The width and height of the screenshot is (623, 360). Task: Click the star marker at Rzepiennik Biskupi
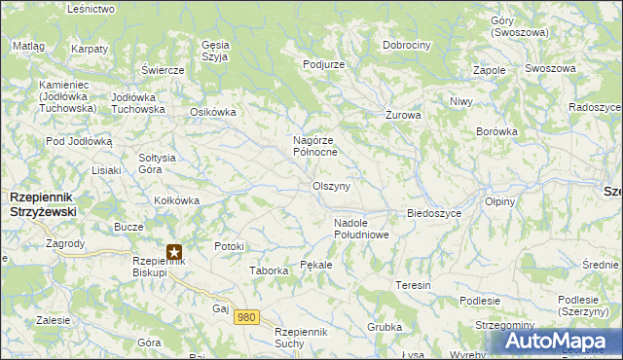pyautogui.click(x=174, y=252)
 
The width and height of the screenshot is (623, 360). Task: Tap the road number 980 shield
pyautogui.click(x=247, y=317)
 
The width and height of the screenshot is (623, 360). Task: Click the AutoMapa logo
pyautogui.click(x=557, y=342)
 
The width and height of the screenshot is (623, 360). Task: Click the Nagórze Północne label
pyautogui.click(x=315, y=146)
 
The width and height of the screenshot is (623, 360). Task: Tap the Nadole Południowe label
pyautogui.click(x=361, y=229)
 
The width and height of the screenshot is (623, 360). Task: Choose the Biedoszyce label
pyautogui.click(x=433, y=213)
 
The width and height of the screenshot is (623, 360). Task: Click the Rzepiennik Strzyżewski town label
pyautogui.click(x=43, y=203)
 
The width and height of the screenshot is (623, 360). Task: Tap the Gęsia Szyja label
pyautogui.click(x=214, y=50)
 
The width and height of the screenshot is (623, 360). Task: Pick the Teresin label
pyautogui.click(x=413, y=285)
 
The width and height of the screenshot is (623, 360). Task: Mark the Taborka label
pyautogui.click(x=269, y=270)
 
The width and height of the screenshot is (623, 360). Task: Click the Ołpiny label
pyautogui.click(x=500, y=201)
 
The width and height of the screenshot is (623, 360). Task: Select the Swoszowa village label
pyautogui.click(x=550, y=69)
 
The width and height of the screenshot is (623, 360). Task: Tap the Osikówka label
pyautogui.click(x=212, y=112)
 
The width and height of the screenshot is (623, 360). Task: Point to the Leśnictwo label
pyautogui.click(x=92, y=9)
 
